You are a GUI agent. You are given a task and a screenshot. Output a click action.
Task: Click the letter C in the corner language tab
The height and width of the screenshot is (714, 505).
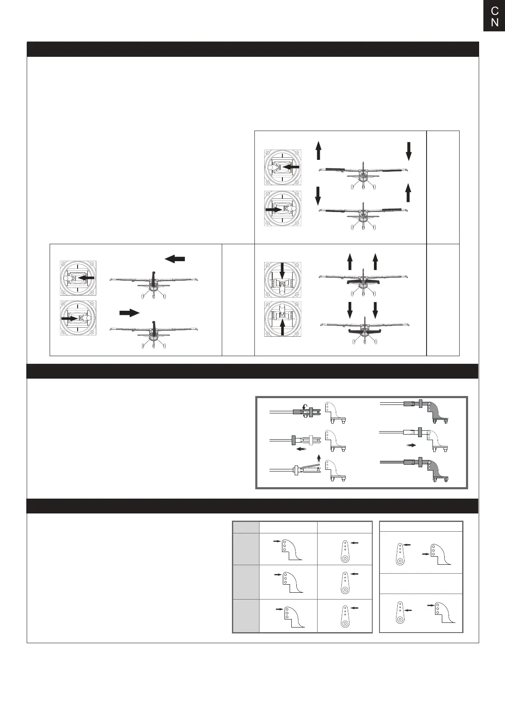[x=494, y=11]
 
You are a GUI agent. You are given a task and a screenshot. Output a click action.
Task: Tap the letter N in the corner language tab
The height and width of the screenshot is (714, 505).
[x=494, y=22]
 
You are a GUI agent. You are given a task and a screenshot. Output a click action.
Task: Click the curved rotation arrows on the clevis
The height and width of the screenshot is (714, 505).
[x=304, y=411]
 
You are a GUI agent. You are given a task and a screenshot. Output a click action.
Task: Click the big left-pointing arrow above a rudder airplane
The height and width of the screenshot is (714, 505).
[x=175, y=259]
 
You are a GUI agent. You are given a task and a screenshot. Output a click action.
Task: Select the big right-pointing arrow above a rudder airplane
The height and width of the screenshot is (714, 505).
[x=129, y=313]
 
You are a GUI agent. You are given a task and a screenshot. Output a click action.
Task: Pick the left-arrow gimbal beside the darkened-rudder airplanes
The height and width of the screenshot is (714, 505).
[x=78, y=278]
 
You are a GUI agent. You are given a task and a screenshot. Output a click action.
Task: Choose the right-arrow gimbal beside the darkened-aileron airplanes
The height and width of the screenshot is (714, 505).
[x=283, y=209]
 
